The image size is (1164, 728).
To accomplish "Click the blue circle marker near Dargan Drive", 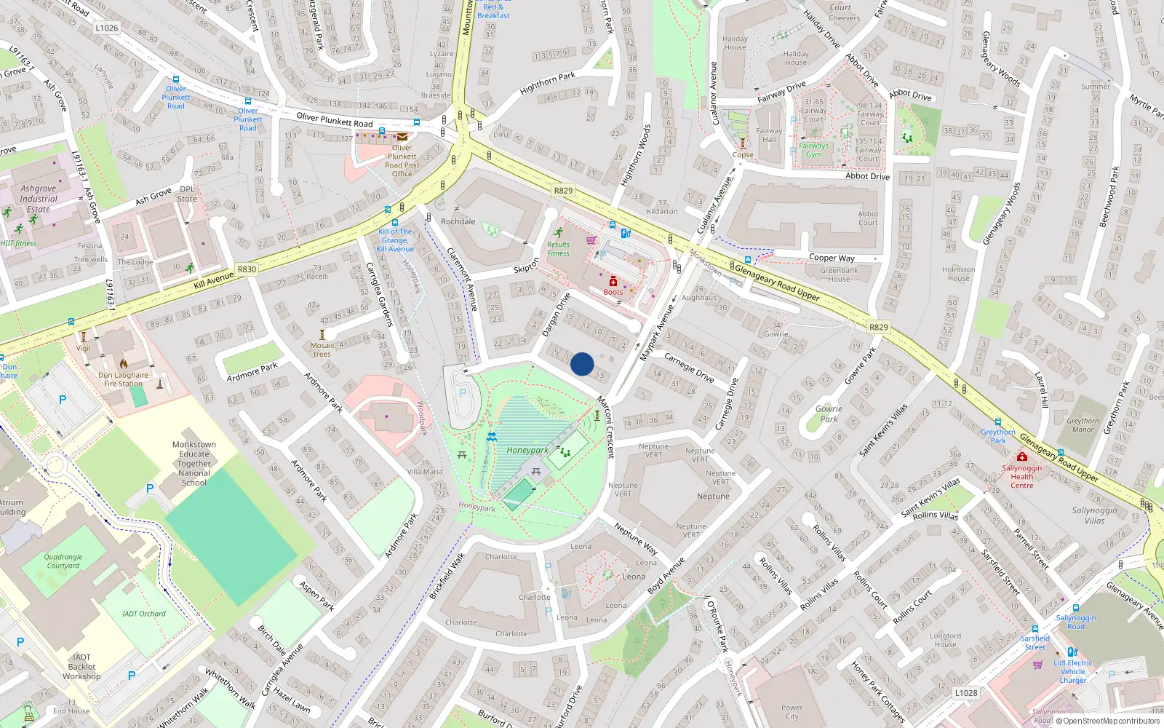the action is point(582,364).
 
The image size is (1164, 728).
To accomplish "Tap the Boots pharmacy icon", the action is point(613,282).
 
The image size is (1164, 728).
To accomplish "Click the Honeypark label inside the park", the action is point(527,450).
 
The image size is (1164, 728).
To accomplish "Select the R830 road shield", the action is point(247,269).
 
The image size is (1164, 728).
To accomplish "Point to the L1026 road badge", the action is point(106,28).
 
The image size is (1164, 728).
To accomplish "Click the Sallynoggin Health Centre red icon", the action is point(1021,456).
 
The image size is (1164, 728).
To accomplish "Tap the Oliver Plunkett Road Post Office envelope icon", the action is point(402,136).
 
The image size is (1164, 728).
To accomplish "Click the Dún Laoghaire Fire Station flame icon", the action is point(124,364).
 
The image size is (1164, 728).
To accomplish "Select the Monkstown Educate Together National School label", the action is point(194,463).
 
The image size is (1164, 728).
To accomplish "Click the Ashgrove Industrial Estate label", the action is point(39,199).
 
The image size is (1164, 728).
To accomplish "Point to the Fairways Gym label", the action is point(813,150).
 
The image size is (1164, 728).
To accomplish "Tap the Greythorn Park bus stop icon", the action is point(998,422).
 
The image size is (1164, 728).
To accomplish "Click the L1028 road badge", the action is point(966,692).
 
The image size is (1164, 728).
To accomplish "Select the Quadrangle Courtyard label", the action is point(63,561).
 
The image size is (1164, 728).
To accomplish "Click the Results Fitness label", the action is point(558,249).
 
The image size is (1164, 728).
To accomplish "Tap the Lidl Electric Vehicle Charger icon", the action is point(1072,652).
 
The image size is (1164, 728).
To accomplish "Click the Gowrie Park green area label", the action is point(829,414).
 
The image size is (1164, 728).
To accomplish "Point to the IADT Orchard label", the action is point(144,614).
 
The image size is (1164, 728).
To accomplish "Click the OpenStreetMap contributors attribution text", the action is point(1108,721).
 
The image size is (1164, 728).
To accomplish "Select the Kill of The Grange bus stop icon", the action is point(395,223).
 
